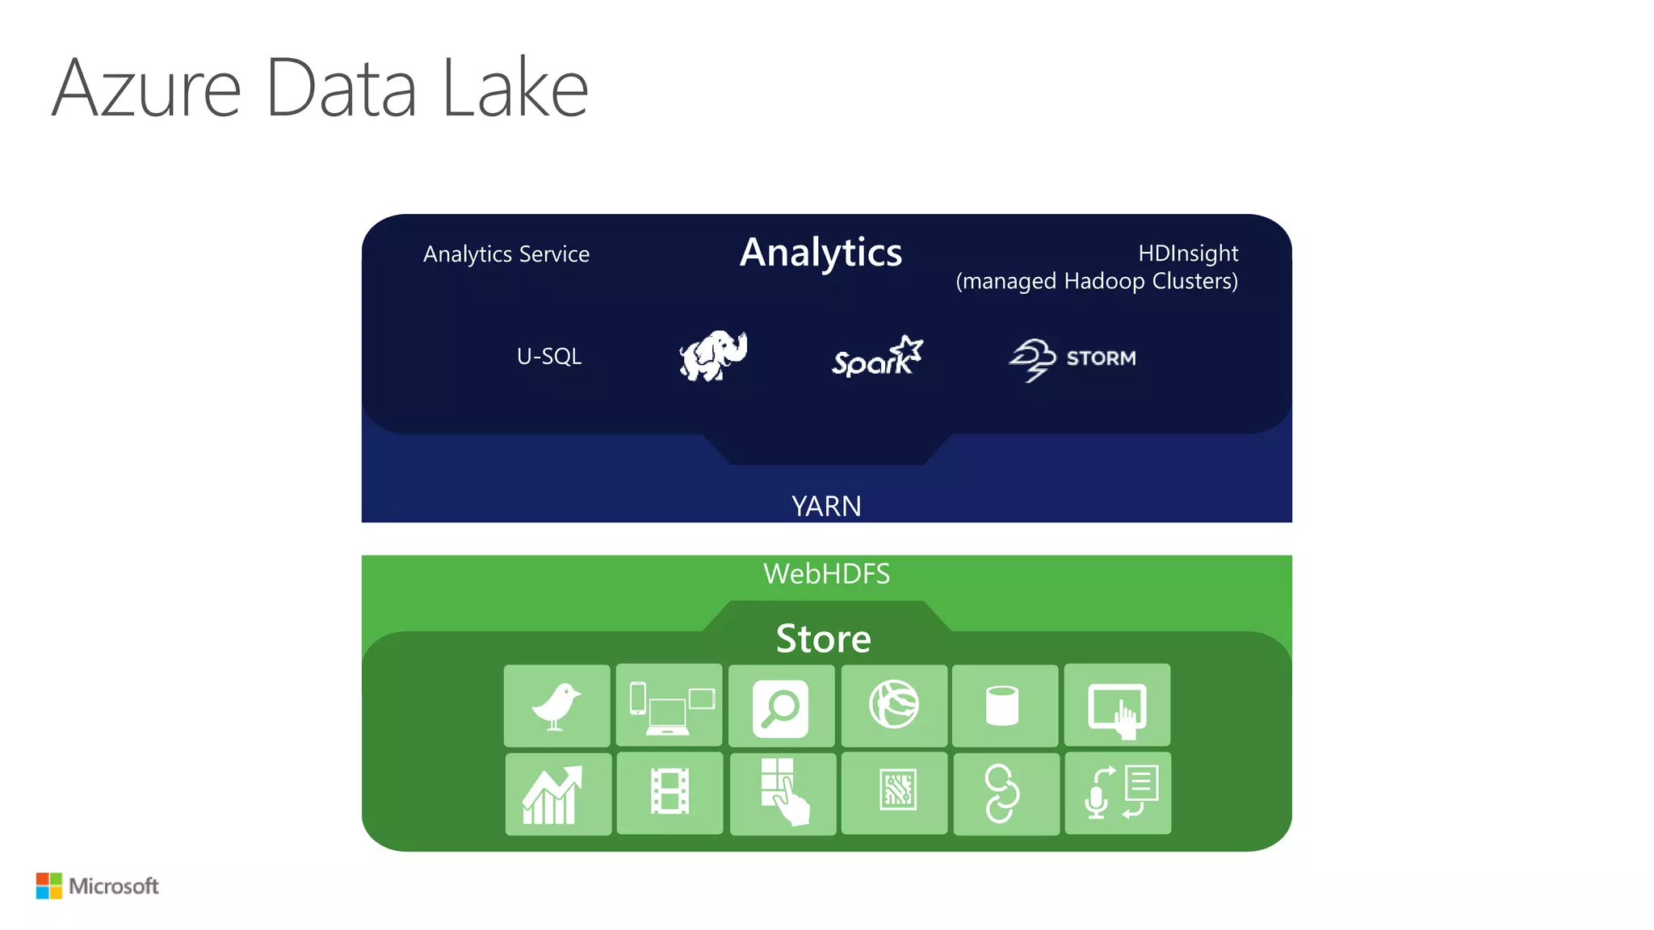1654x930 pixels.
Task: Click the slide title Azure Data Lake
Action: pos(320,88)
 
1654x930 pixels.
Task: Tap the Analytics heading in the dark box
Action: pos(821,253)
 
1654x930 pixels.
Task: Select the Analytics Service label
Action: pos(506,254)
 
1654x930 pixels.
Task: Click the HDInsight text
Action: pos(1187,253)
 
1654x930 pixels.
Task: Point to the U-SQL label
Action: pos(549,356)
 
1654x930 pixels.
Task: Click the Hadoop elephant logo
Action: pos(713,355)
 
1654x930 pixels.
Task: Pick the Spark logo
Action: pos(877,357)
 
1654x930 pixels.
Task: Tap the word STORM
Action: pos(1101,358)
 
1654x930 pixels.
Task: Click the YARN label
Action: pos(826,506)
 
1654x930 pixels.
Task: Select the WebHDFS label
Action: pos(826,574)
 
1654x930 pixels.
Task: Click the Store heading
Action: pos(824,639)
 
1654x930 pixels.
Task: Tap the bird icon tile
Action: pos(556,706)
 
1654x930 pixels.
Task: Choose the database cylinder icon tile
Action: pos(1003,706)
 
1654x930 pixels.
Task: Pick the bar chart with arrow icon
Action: pos(556,794)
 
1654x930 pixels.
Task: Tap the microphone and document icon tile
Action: pos(1118,793)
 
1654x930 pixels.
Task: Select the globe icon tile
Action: pos(893,705)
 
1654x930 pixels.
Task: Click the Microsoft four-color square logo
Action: pos(48,886)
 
